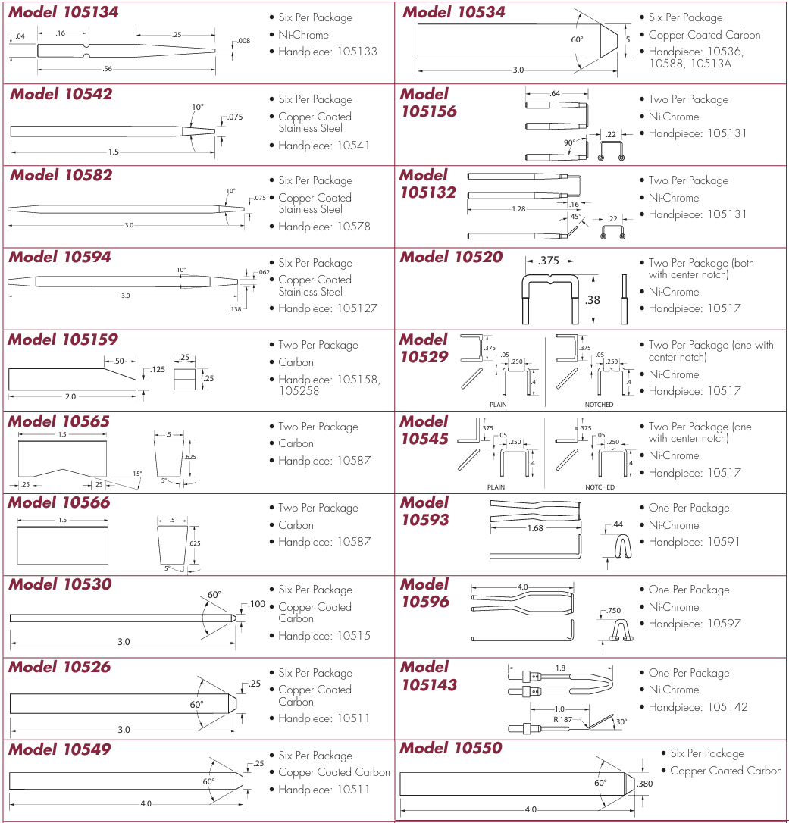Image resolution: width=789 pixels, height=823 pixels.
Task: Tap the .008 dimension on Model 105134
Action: click(243, 41)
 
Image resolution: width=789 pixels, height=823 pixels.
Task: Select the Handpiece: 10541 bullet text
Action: click(324, 145)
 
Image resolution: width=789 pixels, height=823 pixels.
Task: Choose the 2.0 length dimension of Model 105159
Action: click(70, 397)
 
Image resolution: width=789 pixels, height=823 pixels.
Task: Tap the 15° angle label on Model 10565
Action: click(137, 474)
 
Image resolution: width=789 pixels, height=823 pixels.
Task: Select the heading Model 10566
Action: click(59, 502)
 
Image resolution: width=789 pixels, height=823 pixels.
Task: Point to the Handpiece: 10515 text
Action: click(324, 636)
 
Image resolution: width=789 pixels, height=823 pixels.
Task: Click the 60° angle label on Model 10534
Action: click(578, 39)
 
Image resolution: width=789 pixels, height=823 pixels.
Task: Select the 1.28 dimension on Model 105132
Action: click(518, 208)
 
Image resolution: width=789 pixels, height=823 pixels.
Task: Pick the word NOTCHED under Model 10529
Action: click(599, 404)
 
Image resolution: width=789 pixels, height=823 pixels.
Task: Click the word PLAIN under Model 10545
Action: click(498, 487)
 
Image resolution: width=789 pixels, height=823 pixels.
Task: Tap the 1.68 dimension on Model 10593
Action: click(535, 528)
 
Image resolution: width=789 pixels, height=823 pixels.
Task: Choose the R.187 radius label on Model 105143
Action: click(562, 718)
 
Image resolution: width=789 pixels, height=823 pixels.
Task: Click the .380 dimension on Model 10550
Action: click(644, 784)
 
